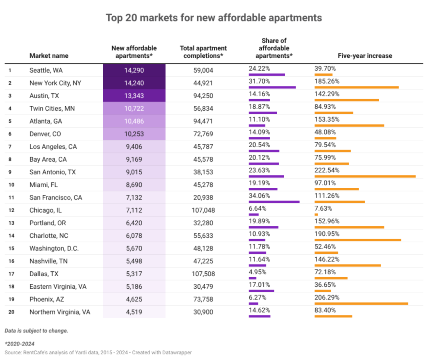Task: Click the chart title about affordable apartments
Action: pos(214,18)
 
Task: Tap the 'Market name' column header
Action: pos(49,56)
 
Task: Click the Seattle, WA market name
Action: pos(46,70)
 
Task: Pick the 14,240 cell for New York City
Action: pos(134,83)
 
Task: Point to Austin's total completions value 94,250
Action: pos(203,96)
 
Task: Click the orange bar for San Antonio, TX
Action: pos(365,176)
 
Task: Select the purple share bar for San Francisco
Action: pos(274,201)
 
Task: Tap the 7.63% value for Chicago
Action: pos(323,209)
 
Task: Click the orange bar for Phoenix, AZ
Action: pos(361,303)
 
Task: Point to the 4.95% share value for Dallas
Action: pos(257,272)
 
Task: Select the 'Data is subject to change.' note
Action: pos(36,331)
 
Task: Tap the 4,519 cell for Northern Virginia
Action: pos(134,312)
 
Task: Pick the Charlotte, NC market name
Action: pos(49,236)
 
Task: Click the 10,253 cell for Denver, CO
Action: pos(134,134)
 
